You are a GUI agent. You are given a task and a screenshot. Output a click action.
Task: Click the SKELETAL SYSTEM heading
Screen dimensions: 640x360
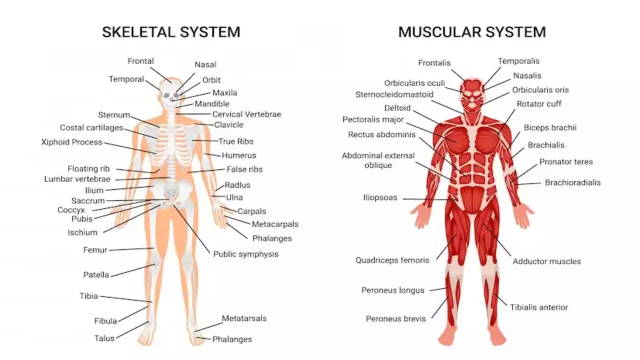(x=171, y=32)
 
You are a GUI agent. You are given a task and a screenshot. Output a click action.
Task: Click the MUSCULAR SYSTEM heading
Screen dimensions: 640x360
(x=472, y=32)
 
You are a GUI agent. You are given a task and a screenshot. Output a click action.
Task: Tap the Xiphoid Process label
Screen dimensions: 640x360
(x=71, y=142)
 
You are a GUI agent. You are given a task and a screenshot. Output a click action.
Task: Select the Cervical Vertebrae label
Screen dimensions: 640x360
(x=247, y=114)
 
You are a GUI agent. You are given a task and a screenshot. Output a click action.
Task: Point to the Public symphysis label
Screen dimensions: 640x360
(x=245, y=254)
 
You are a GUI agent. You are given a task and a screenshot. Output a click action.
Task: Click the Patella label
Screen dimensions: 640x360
(x=96, y=275)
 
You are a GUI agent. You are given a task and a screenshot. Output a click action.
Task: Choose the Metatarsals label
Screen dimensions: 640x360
(x=244, y=318)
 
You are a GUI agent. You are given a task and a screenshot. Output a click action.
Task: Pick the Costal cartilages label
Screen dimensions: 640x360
(x=91, y=127)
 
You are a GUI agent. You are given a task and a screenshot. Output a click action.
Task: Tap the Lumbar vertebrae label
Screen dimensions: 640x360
(x=77, y=179)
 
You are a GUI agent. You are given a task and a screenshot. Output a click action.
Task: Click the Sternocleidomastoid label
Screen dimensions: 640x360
(x=394, y=94)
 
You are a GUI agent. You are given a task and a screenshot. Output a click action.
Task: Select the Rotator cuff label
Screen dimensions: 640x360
(x=539, y=103)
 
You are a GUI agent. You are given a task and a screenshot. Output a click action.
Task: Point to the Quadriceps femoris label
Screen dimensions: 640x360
(x=392, y=260)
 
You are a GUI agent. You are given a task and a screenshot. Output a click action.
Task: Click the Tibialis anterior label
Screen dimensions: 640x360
(x=539, y=307)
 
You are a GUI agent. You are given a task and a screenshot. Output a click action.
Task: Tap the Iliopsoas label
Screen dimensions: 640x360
(x=380, y=197)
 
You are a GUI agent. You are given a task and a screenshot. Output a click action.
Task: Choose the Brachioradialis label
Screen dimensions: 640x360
(x=572, y=182)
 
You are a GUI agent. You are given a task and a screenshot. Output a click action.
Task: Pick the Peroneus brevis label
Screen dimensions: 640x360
(x=395, y=319)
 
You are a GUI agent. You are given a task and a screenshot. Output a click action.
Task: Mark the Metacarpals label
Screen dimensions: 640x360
(x=275, y=224)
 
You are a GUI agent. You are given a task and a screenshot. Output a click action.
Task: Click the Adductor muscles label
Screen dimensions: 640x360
(x=547, y=261)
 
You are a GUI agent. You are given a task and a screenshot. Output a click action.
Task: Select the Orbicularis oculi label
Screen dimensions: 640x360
(x=414, y=83)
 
